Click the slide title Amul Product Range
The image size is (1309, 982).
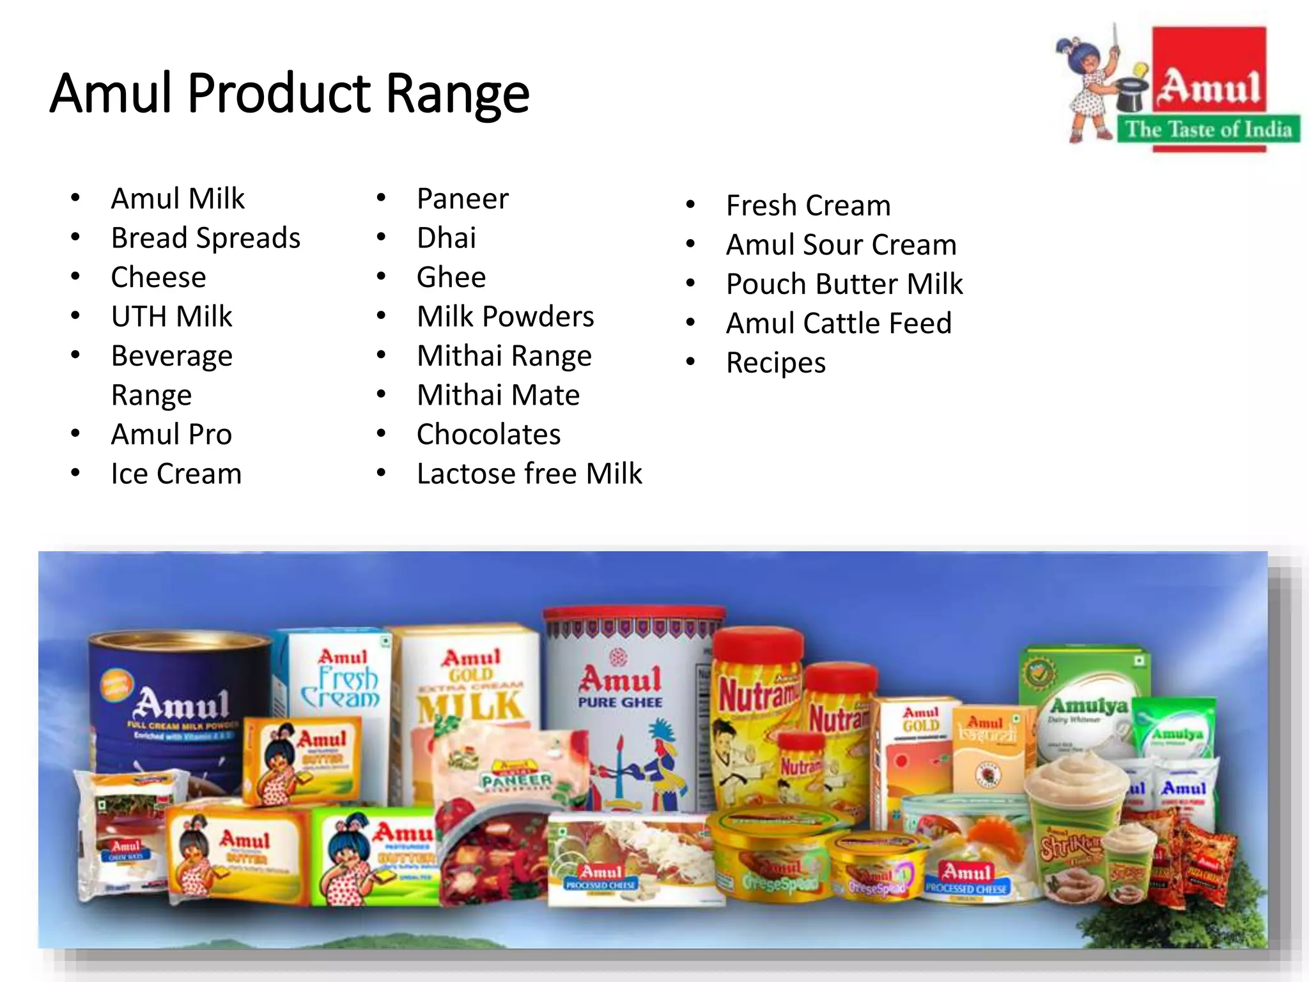point(290,93)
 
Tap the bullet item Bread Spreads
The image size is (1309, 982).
point(205,238)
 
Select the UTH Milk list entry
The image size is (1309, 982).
point(171,316)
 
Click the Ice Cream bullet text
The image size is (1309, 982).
point(176,474)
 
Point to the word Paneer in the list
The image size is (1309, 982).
point(463,199)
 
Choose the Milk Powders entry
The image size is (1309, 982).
point(505,316)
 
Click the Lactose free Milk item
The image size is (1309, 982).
point(529,474)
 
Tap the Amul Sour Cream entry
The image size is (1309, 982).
point(841,245)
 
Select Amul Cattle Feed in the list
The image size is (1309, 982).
point(839,323)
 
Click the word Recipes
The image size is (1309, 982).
point(776,363)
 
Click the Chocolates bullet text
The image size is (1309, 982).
point(488,435)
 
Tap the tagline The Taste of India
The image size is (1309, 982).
point(1208,130)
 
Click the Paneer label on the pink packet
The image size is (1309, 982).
point(516,780)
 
